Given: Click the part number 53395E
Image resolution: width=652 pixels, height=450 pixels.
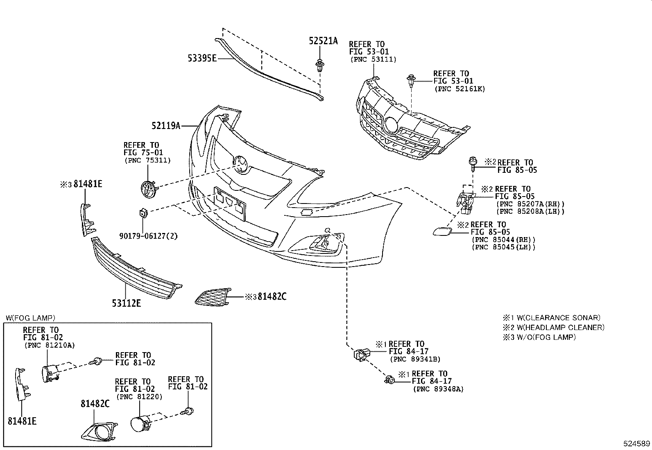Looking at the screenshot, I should click(202, 58).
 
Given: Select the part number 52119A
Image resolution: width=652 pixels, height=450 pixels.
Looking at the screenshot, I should click(165, 126).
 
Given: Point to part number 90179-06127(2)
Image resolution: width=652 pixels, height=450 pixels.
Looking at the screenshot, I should click(149, 236).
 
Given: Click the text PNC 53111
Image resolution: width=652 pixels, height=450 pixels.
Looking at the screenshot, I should click(374, 59).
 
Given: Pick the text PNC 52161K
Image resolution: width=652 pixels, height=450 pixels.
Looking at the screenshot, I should click(459, 89).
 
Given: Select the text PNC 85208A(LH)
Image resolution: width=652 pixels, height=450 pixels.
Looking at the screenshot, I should click(530, 211).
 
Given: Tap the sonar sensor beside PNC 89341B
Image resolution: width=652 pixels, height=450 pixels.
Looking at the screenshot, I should click(361, 354).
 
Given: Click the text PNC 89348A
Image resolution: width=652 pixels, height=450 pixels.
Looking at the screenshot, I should click(438, 389).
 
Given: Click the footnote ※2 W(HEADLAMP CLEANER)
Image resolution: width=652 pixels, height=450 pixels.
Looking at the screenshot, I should click(554, 327).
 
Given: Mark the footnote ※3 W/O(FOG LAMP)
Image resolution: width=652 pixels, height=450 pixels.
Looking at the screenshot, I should click(539, 337).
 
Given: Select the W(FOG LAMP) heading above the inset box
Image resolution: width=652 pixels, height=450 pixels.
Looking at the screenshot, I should click(31, 318).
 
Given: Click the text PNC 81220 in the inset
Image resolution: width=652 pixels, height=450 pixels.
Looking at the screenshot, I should click(139, 396).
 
